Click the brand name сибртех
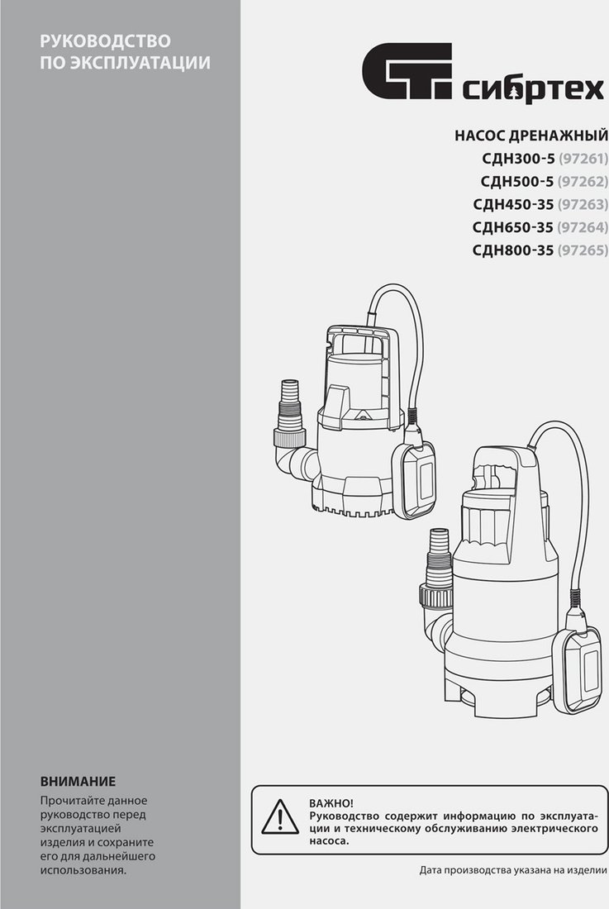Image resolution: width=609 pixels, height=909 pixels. tap(534, 90)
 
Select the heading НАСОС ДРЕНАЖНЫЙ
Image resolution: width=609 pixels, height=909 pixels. tap(531, 136)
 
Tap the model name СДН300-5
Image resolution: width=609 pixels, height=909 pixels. tap(518, 159)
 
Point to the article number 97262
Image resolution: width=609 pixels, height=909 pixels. tap(583, 182)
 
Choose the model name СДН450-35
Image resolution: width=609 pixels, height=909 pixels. tap(513, 205)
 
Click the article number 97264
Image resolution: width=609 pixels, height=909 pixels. tap(583, 227)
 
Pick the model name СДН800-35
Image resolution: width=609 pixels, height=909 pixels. tap(513, 250)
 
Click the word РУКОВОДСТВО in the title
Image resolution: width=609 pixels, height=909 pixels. tap(106, 41)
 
